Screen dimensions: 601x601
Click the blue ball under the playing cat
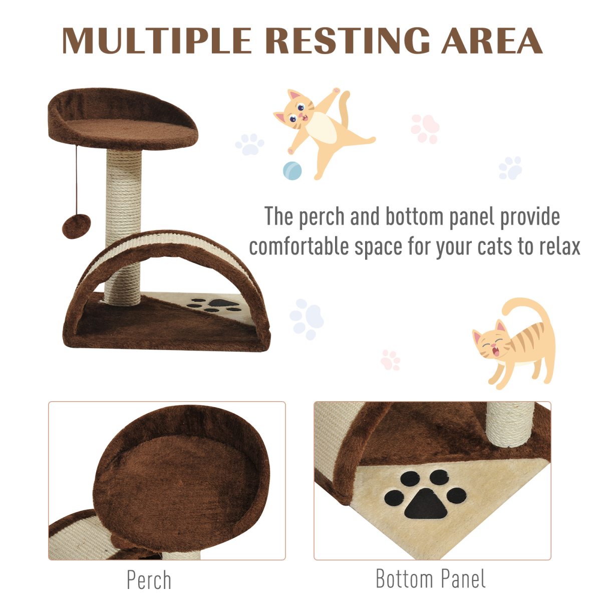click(292, 171)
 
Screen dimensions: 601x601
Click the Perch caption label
click(149, 580)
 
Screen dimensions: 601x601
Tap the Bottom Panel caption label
click(431, 578)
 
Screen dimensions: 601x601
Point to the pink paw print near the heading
click(425, 128)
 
